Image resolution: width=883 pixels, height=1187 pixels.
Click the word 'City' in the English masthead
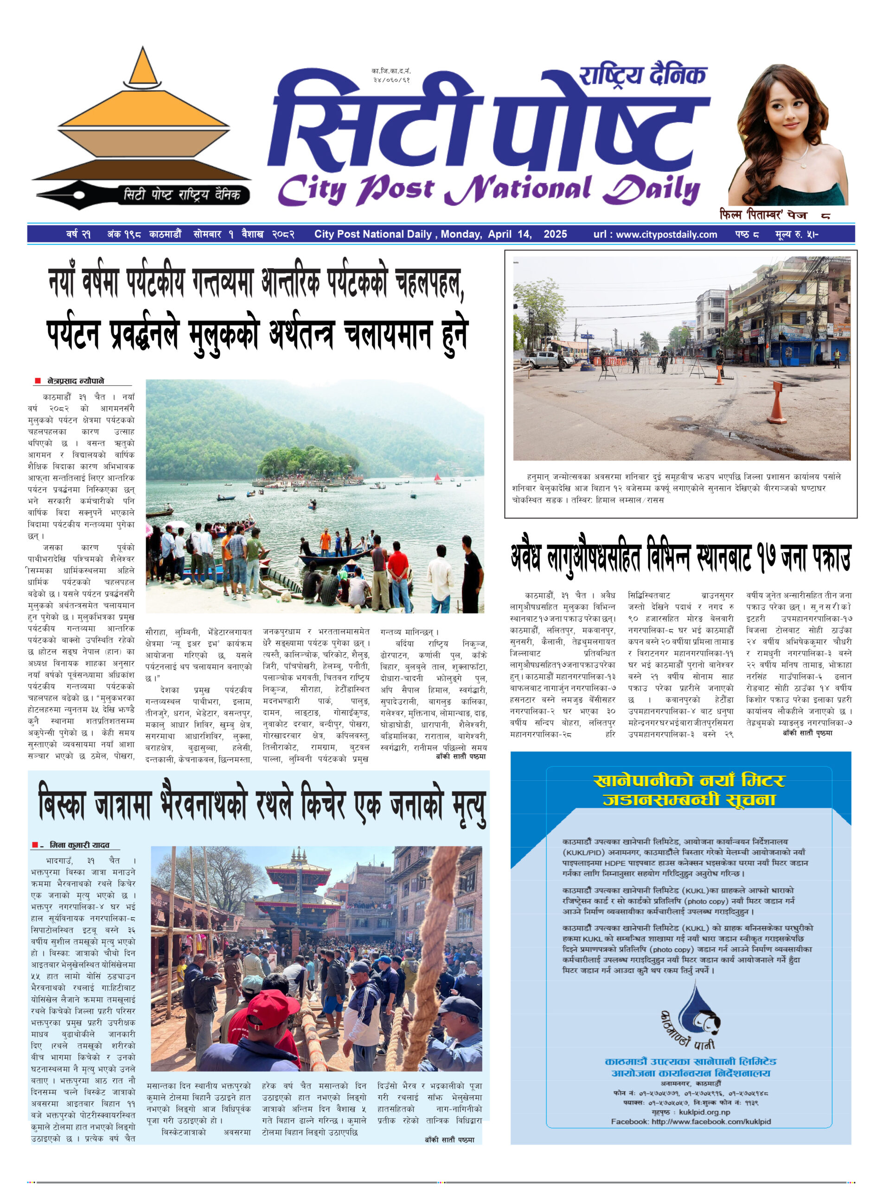pyautogui.click(x=312, y=190)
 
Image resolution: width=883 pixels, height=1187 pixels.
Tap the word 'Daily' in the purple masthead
pyautogui.click(x=651, y=190)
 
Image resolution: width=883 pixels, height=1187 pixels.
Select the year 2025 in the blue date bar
pyautogui.click(x=555, y=234)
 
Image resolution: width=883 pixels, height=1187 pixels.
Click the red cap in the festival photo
pyautogui.click(x=273, y=1007)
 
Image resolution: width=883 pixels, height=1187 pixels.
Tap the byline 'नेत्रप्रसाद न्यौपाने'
pyautogui.click(x=76, y=381)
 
